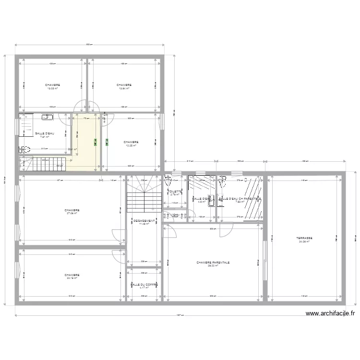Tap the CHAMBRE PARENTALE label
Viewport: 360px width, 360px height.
[213, 263]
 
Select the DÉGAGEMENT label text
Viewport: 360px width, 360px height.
[144, 220]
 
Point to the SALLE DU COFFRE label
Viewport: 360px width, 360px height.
[143, 285]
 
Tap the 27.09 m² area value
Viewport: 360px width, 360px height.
[72, 214]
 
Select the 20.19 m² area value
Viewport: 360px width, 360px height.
[72, 278]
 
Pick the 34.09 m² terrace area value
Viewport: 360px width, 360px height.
[304, 242]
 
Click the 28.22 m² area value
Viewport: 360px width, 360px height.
[213, 266]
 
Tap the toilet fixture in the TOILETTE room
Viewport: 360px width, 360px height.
[168, 181]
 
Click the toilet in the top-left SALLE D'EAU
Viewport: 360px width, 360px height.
[24, 149]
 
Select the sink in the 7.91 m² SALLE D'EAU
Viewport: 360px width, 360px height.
[48, 117]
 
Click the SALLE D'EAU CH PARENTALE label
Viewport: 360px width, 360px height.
[240, 198]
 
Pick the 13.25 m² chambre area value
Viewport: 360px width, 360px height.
[131, 145]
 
